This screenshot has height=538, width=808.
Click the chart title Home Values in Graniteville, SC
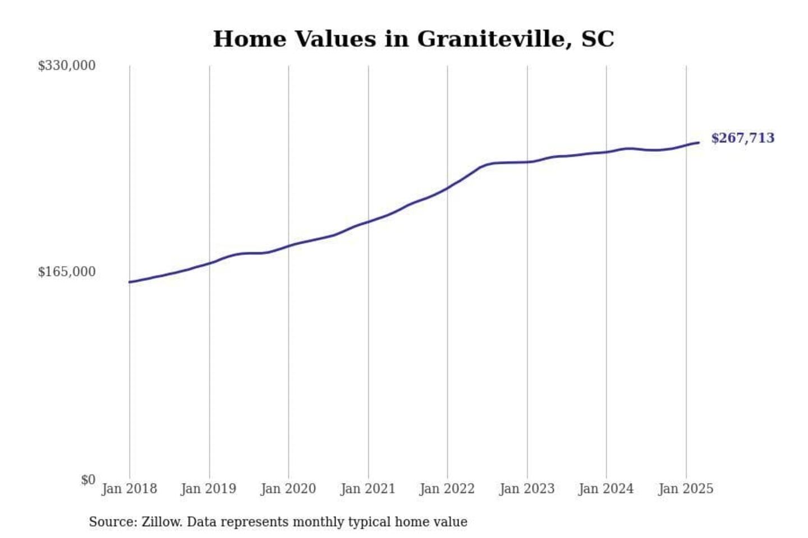point(414,39)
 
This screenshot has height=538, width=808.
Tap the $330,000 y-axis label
point(67,66)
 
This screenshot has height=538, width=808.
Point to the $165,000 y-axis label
point(67,272)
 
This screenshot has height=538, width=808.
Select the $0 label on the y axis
point(88,480)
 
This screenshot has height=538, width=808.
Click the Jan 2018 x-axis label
point(129,489)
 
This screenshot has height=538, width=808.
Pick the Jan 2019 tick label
point(209,489)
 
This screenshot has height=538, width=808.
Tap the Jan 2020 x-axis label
point(288,489)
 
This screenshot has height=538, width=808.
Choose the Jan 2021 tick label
point(368,489)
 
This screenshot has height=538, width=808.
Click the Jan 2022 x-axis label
point(447,489)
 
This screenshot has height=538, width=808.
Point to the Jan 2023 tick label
point(527,489)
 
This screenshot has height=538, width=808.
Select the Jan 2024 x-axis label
point(606,489)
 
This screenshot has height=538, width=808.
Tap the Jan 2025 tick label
point(686,489)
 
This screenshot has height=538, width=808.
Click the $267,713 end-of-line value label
point(742,138)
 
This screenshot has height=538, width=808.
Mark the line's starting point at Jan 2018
point(130,282)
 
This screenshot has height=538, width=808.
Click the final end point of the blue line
point(699,142)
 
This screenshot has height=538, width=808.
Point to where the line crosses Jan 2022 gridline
point(448,188)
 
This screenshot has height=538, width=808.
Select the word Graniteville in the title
point(494,39)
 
